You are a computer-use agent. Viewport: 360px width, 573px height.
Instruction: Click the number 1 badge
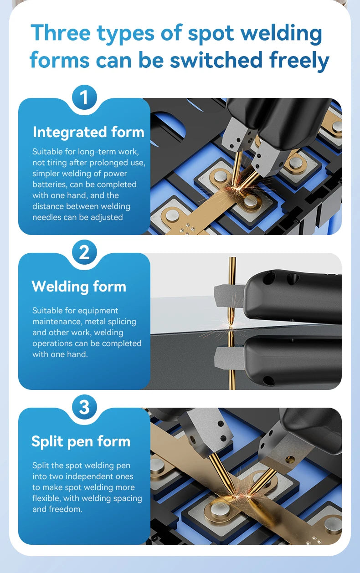(84, 97)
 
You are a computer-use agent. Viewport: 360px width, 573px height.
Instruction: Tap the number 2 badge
(84, 252)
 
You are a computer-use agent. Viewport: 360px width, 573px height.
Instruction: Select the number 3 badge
(84, 407)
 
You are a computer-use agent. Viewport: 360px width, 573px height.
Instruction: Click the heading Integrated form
(88, 132)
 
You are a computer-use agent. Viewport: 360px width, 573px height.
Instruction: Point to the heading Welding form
(79, 286)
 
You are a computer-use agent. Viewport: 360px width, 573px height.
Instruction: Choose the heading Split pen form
(81, 441)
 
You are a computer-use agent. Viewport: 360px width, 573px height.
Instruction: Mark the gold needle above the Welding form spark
(232, 287)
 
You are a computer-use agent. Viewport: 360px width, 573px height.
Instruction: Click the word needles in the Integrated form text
(47, 217)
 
